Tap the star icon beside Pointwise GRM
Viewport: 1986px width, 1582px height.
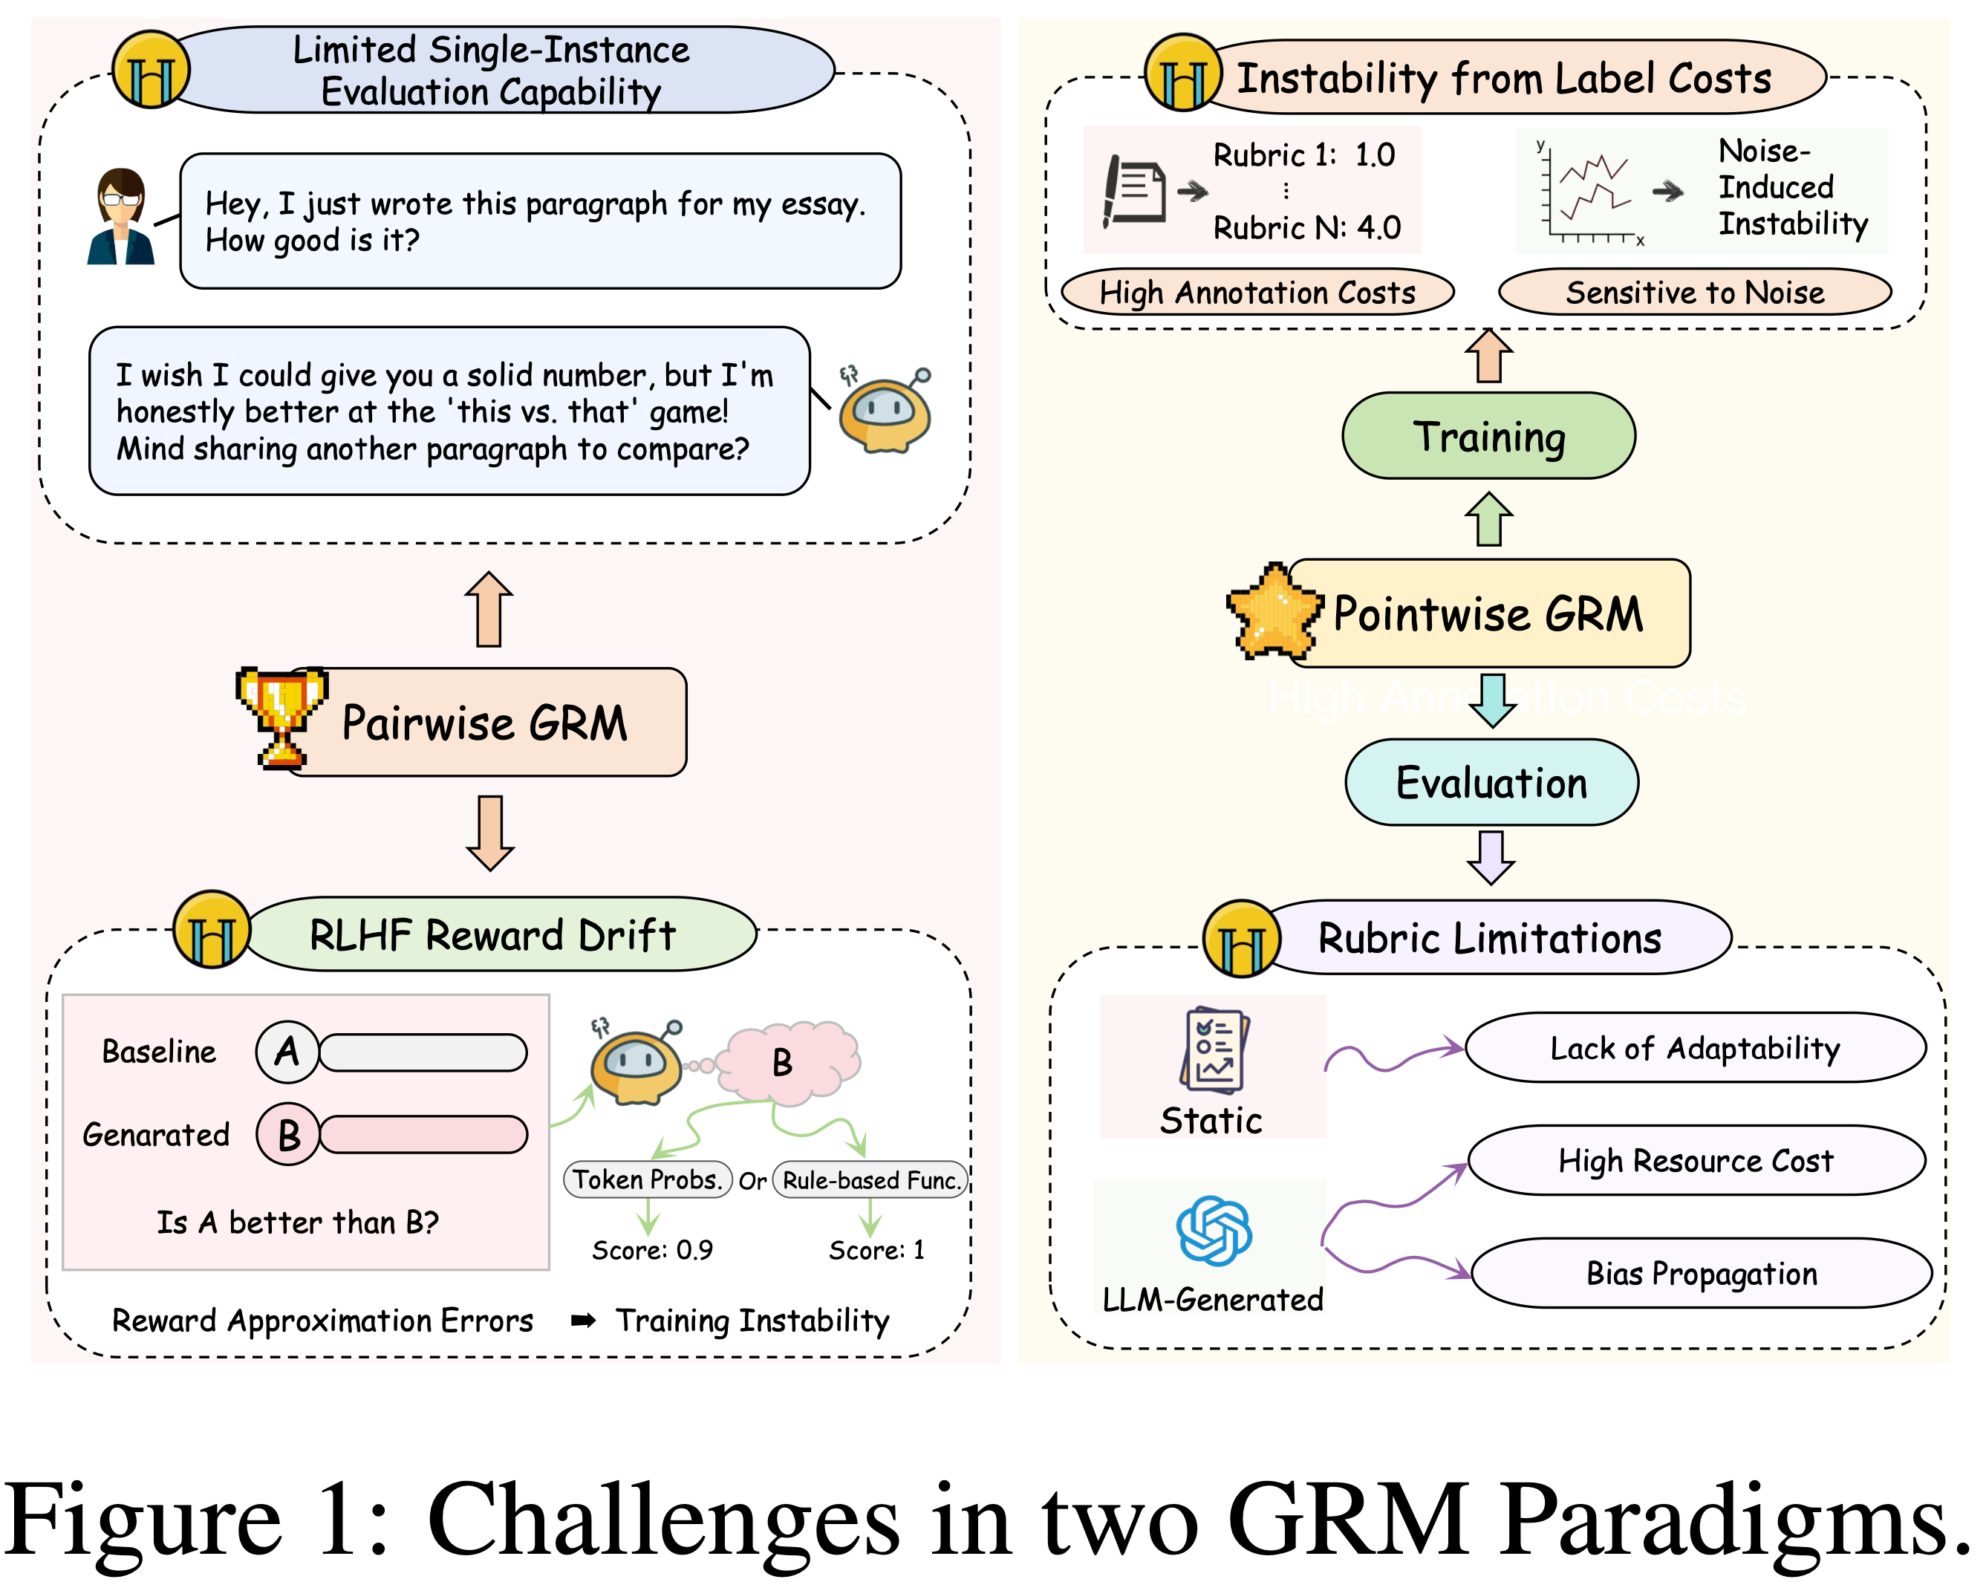[x=1274, y=610]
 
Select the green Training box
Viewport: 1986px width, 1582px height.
[x=1488, y=436]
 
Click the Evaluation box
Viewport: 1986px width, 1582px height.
[x=1491, y=782]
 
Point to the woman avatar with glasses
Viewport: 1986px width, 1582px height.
[x=120, y=217]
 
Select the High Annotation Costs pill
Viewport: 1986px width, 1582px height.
[x=1257, y=292]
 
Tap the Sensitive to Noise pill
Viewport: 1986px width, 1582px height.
[x=1694, y=292]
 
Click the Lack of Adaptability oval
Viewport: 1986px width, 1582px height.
[x=1694, y=1047]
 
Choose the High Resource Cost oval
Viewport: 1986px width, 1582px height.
[x=1695, y=1160]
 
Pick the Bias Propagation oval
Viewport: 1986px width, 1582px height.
[x=1701, y=1273]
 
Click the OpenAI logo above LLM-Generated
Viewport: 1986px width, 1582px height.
[x=1213, y=1230]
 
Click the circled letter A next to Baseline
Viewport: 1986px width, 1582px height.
[x=287, y=1051]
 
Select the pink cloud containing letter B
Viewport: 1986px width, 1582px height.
[x=787, y=1061]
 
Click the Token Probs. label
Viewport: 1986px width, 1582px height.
[x=647, y=1179]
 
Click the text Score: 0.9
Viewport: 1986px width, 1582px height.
[x=652, y=1250]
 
